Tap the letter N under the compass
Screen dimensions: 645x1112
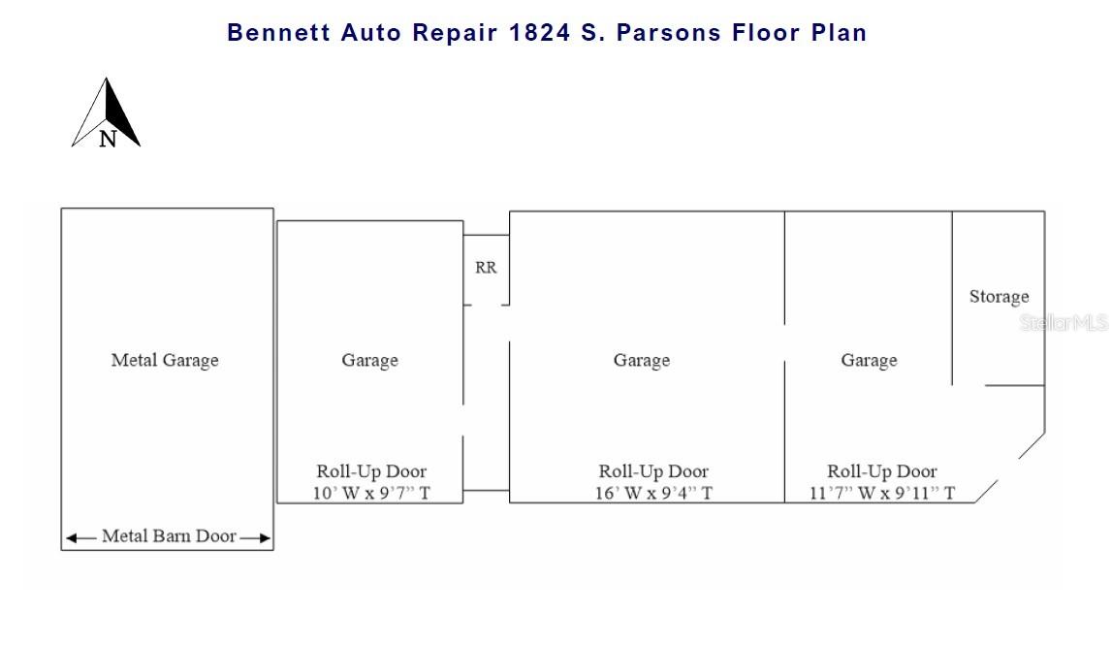pos(108,139)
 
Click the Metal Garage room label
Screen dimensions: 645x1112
pos(165,360)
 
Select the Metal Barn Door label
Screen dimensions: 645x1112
pos(169,535)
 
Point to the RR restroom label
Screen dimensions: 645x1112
pos(486,268)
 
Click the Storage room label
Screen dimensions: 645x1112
pos(999,297)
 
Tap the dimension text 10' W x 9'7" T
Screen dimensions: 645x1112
pos(370,493)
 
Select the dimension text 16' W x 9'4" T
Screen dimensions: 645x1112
pos(653,493)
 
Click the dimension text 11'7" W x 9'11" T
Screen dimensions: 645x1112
pos(881,493)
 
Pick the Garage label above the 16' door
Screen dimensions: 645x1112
pos(641,360)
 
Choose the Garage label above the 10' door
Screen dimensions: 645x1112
pos(369,360)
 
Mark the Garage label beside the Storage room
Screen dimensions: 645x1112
pos(868,360)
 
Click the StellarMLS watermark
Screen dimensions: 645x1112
pos(1063,323)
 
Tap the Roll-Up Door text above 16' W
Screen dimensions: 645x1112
pos(653,471)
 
